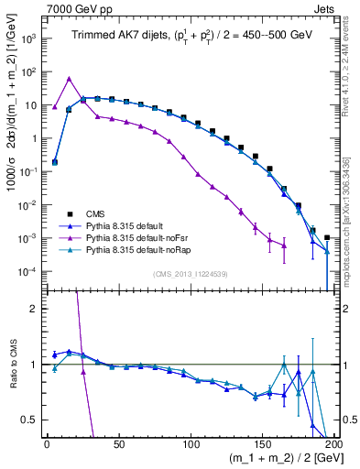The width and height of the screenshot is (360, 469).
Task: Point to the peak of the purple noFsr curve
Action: tap(69, 79)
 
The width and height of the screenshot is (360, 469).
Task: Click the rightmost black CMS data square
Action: tap(327, 238)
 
